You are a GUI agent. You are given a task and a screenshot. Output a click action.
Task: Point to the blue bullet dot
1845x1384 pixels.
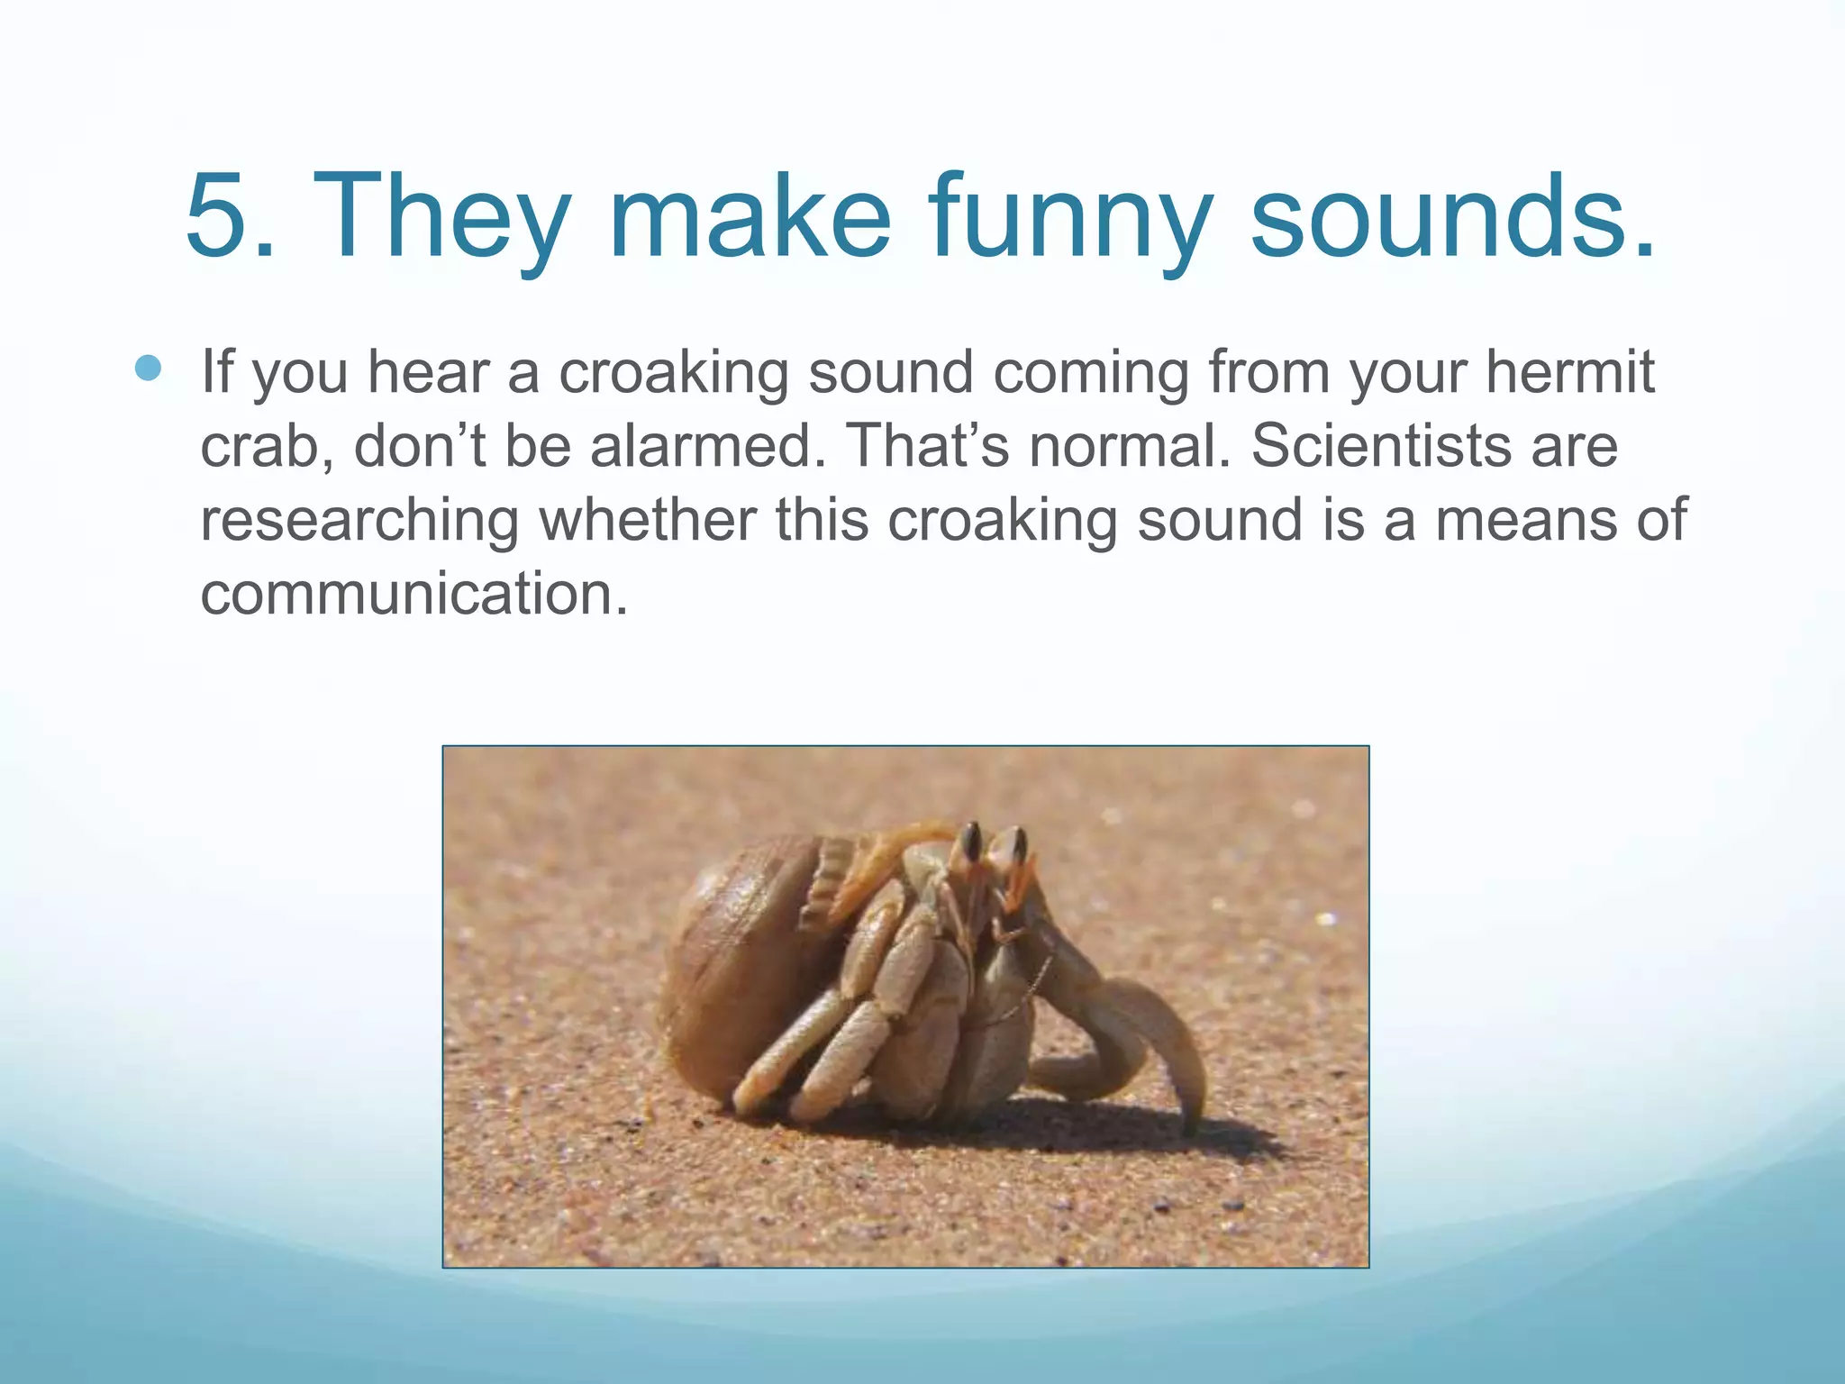148,369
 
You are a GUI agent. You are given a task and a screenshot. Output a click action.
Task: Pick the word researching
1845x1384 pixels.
359,521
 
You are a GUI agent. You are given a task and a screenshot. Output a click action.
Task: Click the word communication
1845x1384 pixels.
413,594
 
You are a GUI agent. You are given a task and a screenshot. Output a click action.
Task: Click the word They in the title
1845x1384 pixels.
442,219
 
